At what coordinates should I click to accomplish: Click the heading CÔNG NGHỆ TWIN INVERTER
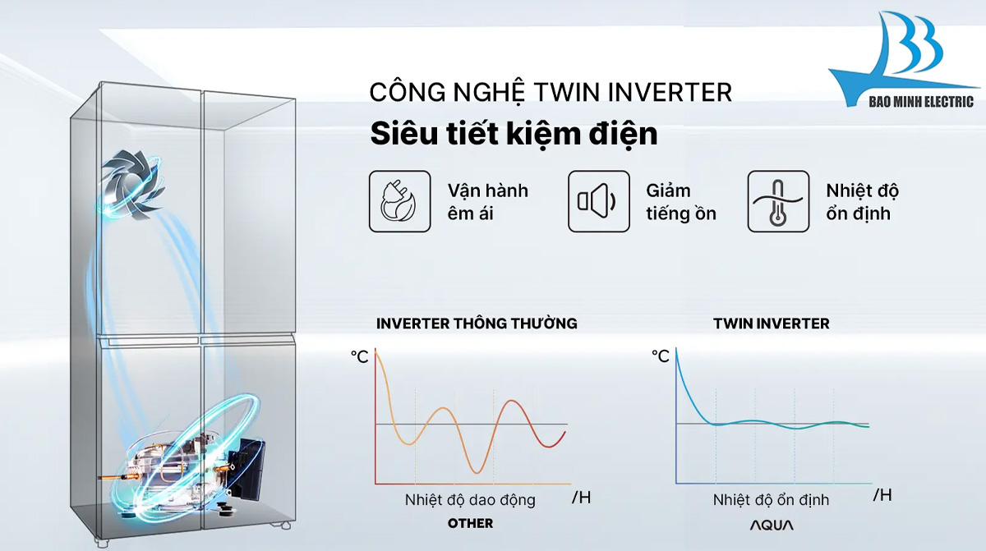click(x=550, y=92)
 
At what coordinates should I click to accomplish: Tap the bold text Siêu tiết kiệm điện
click(x=514, y=134)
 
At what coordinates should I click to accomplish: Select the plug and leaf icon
click(x=399, y=201)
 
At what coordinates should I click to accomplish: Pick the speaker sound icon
click(x=598, y=201)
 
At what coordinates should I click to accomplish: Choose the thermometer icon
click(x=777, y=201)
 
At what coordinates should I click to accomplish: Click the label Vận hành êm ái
click(x=487, y=202)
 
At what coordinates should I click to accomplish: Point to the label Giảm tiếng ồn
click(x=680, y=202)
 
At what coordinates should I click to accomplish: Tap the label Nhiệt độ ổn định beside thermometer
click(x=862, y=202)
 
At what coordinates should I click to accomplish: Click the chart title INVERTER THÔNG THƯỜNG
click(x=477, y=324)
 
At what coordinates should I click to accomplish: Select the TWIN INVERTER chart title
click(x=771, y=324)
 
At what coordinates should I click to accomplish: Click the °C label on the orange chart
click(x=360, y=356)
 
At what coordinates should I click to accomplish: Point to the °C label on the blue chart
click(x=661, y=356)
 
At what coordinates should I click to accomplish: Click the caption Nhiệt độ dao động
click(x=469, y=499)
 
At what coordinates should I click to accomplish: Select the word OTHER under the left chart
click(x=470, y=523)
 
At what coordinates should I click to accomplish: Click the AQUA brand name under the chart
click(x=771, y=524)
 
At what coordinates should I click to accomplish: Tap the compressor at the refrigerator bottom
click(x=189, y=464)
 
